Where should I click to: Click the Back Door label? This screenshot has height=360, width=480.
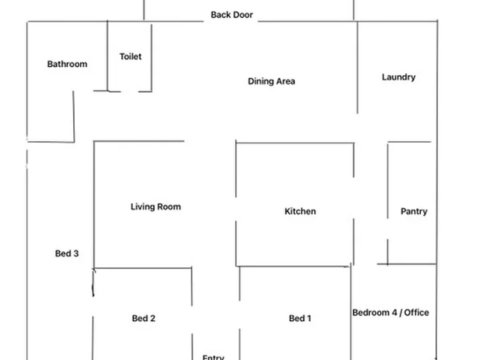(x=232, y=15)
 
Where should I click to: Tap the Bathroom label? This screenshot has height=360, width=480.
(x=67, y=64)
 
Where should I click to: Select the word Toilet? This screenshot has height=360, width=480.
(x=131, y=56)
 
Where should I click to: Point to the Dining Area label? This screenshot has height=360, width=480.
(x=271, y=81)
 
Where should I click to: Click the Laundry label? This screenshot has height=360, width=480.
(x=399, y=77)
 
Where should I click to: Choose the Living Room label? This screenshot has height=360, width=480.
(x=155, y=207)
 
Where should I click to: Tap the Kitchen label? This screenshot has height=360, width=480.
(x=300, y=211)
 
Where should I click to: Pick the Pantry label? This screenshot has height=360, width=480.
(x=414, y=211)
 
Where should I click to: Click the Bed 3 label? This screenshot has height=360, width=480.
(x=67, y=253)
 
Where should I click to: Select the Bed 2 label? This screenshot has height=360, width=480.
(x=143, y=319)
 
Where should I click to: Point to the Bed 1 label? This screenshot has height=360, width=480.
(x=300, y=319)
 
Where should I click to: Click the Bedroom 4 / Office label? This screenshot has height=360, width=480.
(x=391, y=313)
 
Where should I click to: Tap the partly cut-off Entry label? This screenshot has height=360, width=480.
(x=213, y=357)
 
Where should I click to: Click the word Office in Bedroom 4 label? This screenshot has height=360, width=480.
(x=417, y=313)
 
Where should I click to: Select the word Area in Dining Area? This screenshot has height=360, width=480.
(x=285, y=81)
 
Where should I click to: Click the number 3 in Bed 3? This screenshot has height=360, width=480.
(x=76, y=253)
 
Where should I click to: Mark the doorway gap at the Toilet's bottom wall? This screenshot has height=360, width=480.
(x=129, y=91)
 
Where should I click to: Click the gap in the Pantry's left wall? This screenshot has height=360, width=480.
(x=387, y=229)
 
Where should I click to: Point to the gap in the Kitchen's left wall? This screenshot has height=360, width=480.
(x=236, y=209)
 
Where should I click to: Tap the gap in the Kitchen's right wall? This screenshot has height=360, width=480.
(x=353, y=198)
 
